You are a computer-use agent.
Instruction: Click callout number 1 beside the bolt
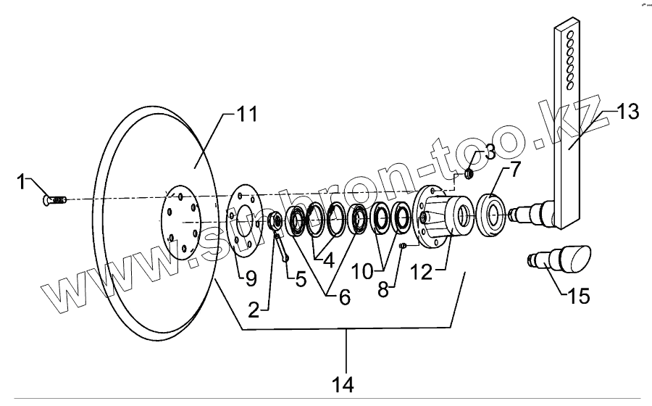click(x=22, y=181)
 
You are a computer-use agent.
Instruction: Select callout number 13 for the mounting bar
click(x=627, y=112)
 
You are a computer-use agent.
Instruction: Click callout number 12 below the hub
click(x=422, y=273)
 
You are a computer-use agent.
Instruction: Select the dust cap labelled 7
click(x=492, y=215)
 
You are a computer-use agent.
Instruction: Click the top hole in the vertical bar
click(x=572, y=33)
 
